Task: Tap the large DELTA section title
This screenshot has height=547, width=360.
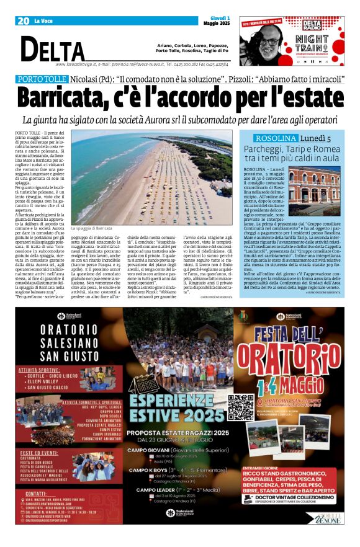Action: pos(52,49)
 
